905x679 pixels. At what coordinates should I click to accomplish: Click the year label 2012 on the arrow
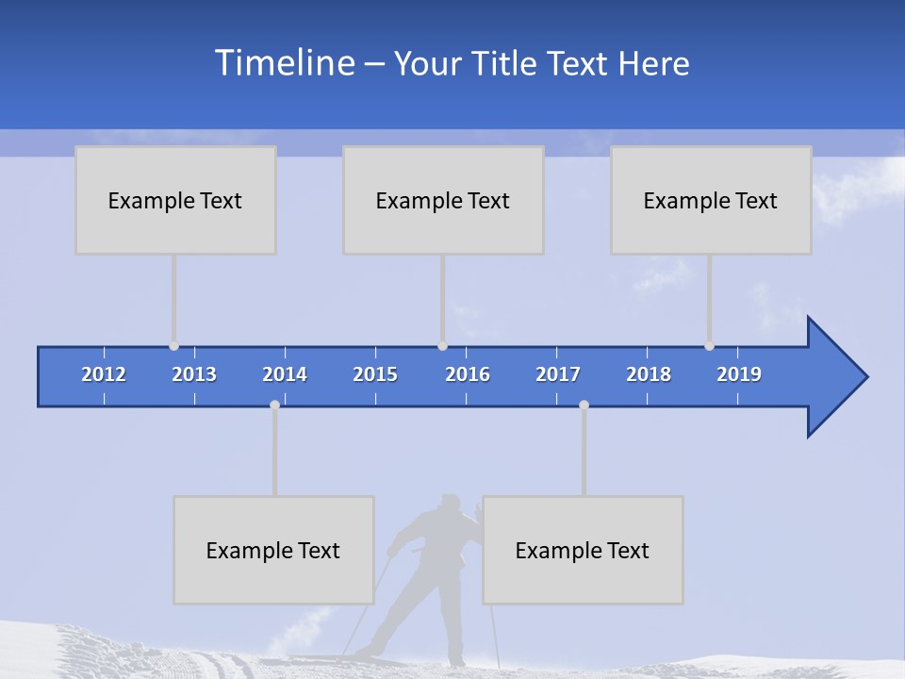click(104, 374)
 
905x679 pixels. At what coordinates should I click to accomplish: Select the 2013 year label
click(194, 374)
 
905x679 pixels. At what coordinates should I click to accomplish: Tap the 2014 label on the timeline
click(285, 374)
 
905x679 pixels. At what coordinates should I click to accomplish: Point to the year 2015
click(375, 374)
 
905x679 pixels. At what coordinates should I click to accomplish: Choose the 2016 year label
click(468, 374)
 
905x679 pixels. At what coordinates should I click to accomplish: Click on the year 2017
click(558, 374)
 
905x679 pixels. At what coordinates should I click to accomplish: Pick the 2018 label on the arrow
click(649, 374)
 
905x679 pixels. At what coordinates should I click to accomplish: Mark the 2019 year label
click(739, 374)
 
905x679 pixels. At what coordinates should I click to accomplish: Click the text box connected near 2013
click(175, 200)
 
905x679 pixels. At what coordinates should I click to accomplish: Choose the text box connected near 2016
click(443, 200)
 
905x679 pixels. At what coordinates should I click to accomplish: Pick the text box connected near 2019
click(711, 200)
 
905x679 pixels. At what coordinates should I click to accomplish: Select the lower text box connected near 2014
click(273, 550)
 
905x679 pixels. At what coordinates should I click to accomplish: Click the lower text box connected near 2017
click(583, 550)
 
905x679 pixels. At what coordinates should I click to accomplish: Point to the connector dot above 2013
click(173, 346)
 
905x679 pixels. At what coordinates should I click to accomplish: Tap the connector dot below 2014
click(274, 405)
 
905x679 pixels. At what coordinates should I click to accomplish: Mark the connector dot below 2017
click(584, 405)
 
